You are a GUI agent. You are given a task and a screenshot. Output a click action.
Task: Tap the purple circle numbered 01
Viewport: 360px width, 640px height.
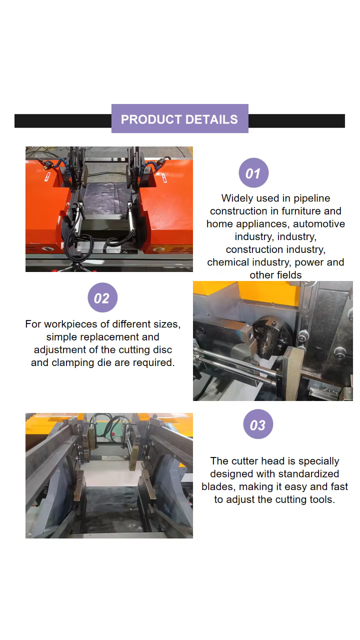253,173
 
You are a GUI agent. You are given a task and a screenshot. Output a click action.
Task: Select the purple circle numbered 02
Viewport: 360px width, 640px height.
102,297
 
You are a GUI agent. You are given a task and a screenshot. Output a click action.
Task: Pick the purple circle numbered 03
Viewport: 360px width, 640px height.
258,424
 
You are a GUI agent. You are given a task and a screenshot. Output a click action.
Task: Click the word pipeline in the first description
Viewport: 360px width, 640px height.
311,198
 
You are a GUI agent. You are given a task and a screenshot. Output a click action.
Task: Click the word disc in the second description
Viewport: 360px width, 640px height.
162,349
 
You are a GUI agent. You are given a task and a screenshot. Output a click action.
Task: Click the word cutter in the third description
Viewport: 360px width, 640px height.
245,461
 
